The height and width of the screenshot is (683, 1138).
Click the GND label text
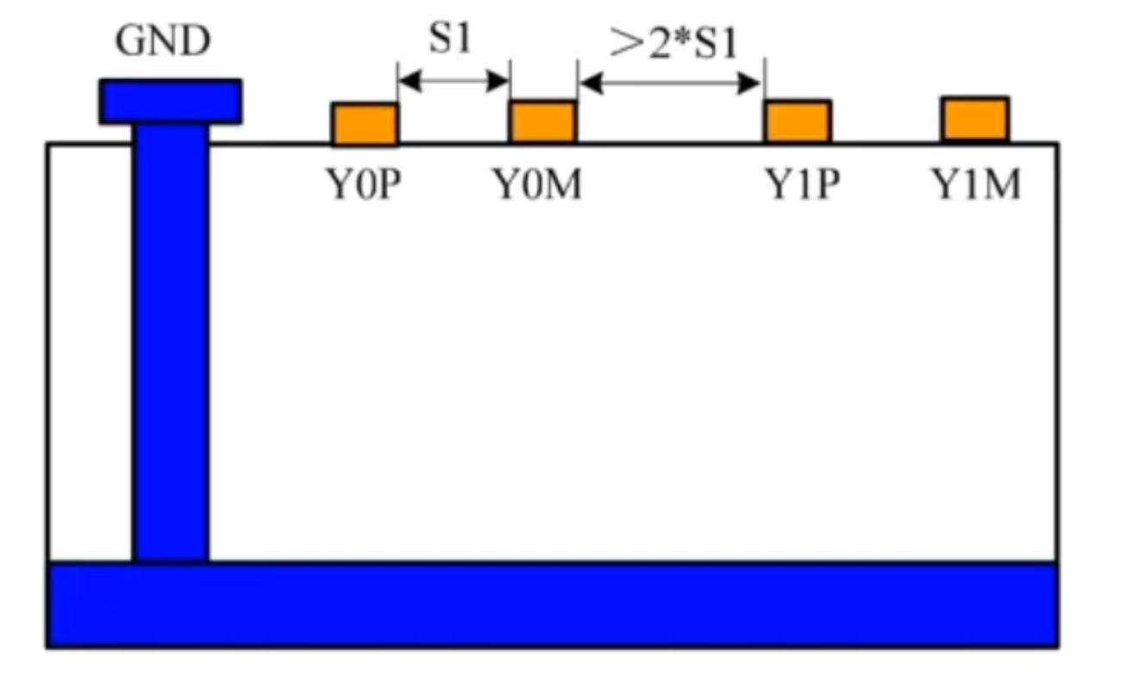pos(163,40)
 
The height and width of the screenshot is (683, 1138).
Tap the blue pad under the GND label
pos(170,101)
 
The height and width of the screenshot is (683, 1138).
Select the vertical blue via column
pos(170,345)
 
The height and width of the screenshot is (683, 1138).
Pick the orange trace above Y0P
pos(365,124)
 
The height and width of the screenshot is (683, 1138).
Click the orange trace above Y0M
pos(542,121)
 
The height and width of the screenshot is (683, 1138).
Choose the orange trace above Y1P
pos(797,121)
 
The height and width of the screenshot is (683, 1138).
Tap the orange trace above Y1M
pos(975,119)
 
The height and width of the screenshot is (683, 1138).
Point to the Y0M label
pos(536,184)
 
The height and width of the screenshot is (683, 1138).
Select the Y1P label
pos(803,184)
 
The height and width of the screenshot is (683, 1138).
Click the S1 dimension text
pos(450,40)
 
